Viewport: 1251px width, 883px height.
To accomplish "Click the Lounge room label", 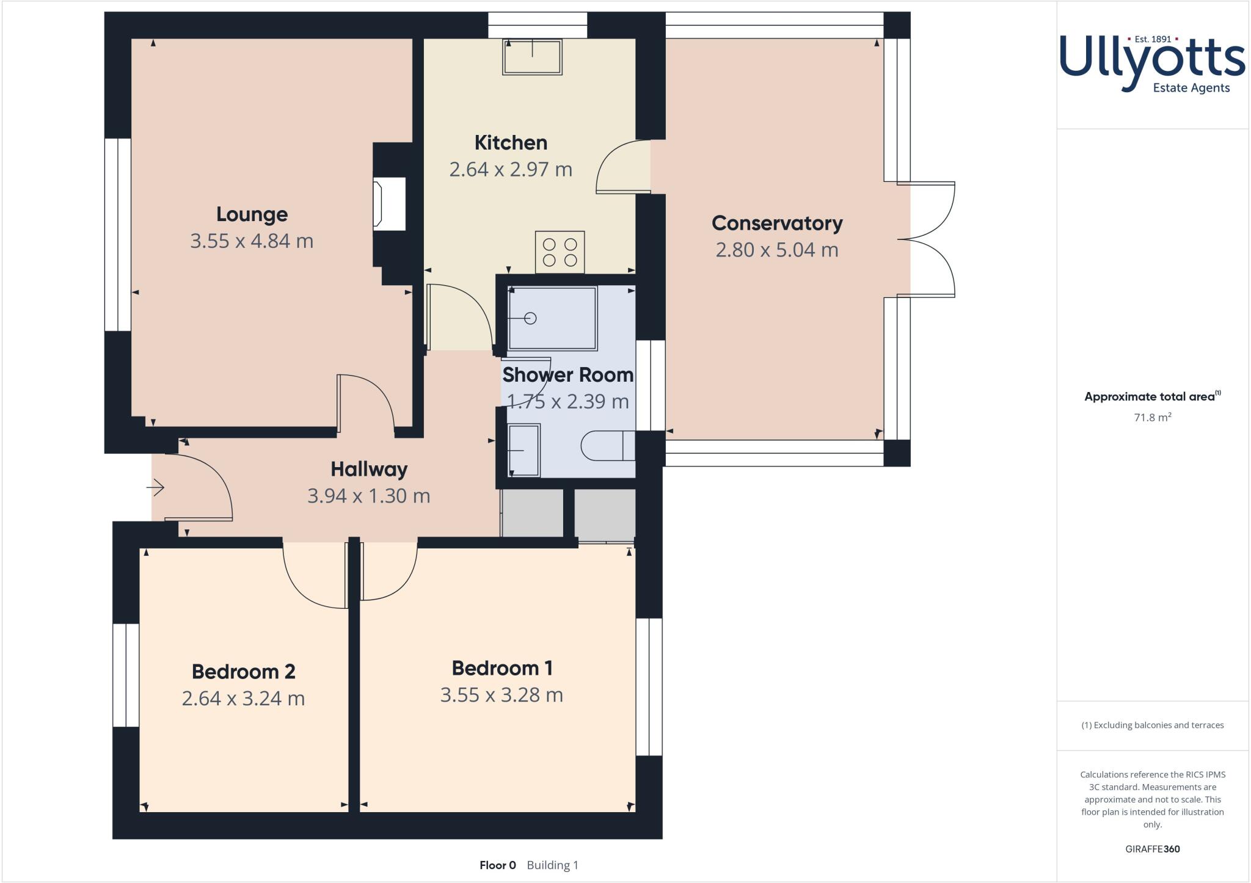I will [252, 214].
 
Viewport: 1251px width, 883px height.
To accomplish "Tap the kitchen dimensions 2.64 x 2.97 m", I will [511, 169].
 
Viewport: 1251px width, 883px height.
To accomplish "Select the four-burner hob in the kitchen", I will [560, 252].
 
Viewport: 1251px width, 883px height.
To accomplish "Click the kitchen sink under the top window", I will [532, 57].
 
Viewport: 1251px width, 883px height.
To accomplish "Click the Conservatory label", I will [777, 223].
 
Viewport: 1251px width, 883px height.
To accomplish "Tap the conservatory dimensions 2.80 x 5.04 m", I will [777, 250].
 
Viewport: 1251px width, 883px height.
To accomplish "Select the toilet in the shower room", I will [607, 446].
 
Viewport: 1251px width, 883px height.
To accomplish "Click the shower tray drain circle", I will [530, 318].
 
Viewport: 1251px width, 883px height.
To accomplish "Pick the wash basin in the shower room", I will [524, 450].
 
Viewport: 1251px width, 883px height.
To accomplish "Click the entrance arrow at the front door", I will [156, 487].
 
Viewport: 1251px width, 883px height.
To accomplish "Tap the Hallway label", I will [369, 469].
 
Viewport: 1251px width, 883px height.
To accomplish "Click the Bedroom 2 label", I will [244, 672].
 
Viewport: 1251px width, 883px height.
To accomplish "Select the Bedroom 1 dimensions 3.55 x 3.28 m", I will [501, 695].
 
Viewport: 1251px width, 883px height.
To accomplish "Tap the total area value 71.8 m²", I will [1152, 418].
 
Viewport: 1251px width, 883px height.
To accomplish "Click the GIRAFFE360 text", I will [1152, 849].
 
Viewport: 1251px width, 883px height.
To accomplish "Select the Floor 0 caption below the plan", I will [498, 865].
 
